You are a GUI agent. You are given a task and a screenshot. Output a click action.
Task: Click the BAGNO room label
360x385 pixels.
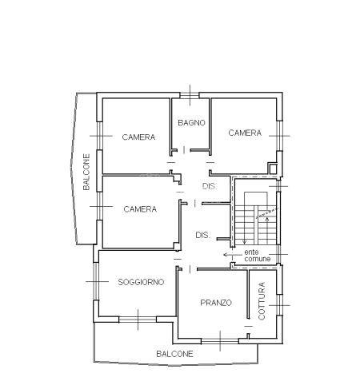click(191, 123)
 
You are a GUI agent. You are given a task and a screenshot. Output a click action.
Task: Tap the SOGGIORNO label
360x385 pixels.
click(141, 282)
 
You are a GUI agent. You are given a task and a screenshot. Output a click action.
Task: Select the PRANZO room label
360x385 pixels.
click(216, 303)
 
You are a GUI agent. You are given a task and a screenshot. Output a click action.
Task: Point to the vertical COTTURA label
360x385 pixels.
click(262, 301)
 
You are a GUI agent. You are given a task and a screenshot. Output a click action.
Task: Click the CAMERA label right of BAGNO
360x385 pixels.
click(245, 133)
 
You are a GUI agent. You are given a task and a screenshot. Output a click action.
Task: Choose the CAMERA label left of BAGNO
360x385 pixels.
click(138, 137)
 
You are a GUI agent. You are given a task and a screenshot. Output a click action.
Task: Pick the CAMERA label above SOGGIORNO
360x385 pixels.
click(140, 209)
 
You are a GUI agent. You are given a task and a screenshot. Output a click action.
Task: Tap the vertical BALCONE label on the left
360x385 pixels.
click(86, 172)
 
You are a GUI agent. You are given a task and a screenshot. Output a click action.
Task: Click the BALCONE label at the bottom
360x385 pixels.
click(174, 354)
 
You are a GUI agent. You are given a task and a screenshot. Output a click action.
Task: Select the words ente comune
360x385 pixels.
click(258, 255)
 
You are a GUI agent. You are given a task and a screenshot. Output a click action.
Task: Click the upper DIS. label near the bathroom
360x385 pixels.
click(210, 186)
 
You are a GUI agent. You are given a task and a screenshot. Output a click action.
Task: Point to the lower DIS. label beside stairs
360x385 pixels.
click(202, 235)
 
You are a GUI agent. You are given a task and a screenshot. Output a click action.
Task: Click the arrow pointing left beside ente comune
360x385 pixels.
click(232, 255)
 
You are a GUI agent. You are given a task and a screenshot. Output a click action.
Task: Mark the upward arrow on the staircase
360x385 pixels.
click(267, 231)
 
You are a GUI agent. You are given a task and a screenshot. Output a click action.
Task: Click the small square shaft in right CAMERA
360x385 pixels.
click(273, 169)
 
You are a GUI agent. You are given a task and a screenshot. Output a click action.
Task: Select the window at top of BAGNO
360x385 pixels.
click(190, 95)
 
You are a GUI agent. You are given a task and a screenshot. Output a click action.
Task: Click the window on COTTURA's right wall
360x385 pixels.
click(279, 305)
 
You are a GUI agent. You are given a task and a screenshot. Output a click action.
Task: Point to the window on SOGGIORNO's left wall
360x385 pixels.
click(96, 281)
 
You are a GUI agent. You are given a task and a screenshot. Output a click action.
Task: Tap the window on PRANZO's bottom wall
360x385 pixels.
click(220, 341)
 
